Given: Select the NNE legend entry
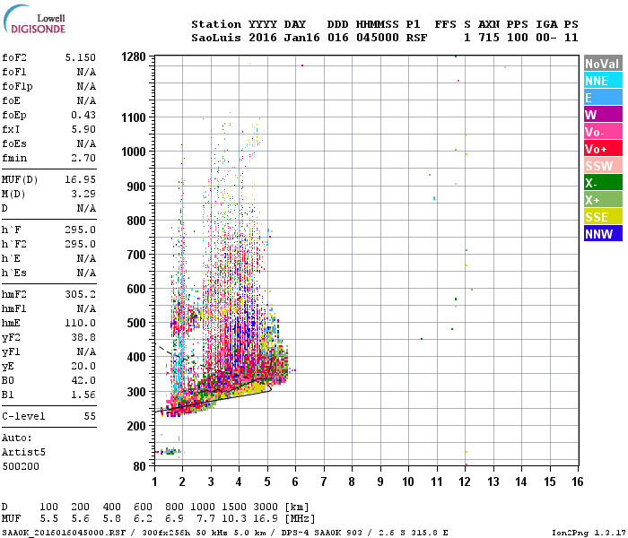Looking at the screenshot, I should point(597,81).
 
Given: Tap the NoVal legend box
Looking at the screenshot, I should point(601,64).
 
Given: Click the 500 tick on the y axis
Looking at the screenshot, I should point(135,323).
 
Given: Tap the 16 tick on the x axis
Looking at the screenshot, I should point(577,482).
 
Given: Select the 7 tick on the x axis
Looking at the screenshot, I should point(324,482).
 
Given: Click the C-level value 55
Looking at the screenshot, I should point(90,417).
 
